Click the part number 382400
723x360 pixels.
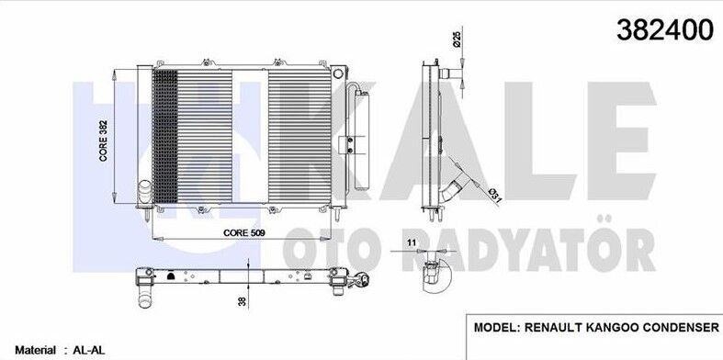click(664, 29)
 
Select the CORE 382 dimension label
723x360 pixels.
click(103, 141)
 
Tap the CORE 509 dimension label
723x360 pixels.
click(244, 233)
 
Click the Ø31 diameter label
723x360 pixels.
click(493, 194)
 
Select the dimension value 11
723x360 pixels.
click(412, 242)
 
